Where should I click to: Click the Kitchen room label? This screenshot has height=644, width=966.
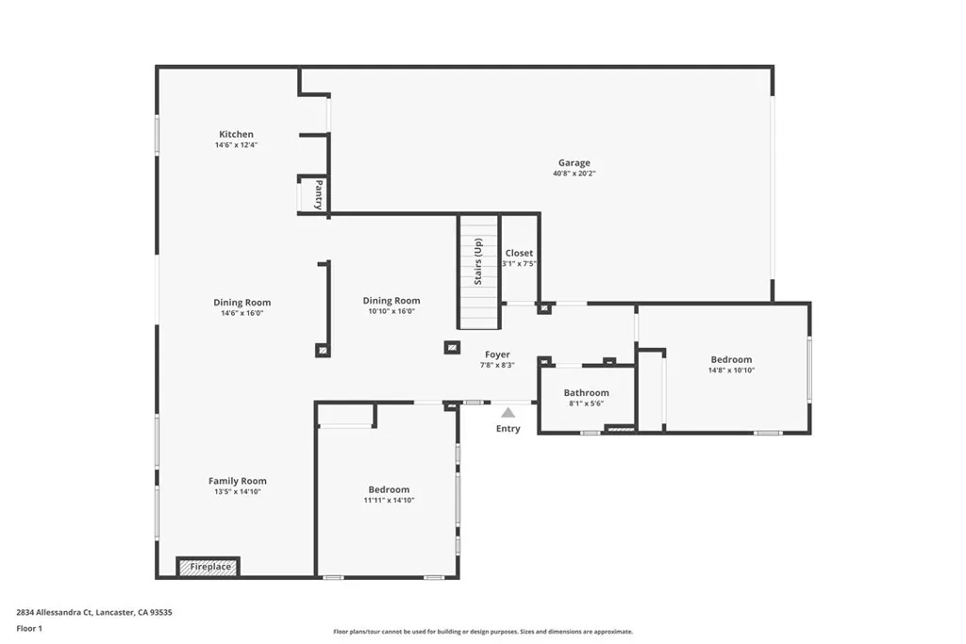236,134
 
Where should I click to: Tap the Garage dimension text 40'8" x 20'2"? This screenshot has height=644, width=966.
574,173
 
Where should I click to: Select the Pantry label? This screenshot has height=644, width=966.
319,194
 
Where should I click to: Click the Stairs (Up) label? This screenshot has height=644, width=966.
478,261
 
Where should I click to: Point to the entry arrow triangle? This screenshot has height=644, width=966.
508,412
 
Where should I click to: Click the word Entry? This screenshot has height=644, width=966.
508,429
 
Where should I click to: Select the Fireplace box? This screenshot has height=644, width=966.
208,567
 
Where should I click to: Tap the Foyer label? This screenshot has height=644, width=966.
497,355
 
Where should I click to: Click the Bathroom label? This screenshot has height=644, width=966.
586,392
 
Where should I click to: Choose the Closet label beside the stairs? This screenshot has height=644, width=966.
519,253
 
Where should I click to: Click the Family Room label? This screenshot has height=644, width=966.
237,481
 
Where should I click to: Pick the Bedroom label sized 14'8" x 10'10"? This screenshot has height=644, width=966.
731,359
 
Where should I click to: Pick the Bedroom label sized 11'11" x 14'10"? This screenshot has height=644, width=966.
389,489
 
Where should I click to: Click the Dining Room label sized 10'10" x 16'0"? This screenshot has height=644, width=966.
391,301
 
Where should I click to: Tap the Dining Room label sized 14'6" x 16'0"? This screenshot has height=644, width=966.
241,303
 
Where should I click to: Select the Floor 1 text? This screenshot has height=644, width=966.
29,627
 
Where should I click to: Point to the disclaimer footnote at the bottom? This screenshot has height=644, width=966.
482,632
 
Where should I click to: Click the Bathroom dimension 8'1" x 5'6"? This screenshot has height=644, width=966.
586,404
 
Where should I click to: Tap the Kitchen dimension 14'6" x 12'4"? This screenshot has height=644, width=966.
236,145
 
